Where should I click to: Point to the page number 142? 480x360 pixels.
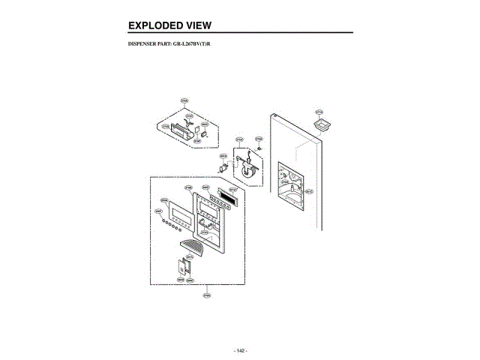240,350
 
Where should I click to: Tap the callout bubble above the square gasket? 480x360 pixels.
319,112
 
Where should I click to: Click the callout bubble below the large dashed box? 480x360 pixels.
207,295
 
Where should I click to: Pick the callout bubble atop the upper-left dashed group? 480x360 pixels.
184,100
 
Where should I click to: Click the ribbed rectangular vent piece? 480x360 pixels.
226,190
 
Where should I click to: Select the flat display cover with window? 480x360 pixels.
179,217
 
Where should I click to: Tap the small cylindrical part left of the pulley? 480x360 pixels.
223,167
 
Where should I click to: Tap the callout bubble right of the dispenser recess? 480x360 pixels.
309,191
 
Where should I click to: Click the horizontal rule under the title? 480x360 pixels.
240,33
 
